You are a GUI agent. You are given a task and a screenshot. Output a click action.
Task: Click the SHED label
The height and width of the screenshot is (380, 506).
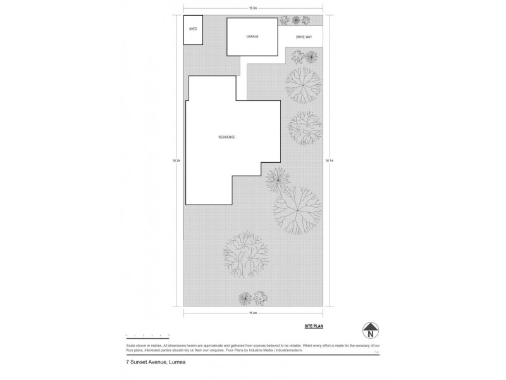pos(193,29)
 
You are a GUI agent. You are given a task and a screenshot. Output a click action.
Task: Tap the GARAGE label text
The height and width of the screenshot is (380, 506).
pos(252,37)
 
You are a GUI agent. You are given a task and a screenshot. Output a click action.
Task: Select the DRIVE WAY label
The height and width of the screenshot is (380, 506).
pos(305,37)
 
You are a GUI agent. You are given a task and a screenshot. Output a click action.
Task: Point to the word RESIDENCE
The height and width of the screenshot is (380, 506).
pos(226,137)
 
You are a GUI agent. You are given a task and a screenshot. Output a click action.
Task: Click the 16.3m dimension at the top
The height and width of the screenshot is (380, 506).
pos(252,8)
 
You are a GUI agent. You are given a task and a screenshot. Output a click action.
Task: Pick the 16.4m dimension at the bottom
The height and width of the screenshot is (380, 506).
pos(252,313)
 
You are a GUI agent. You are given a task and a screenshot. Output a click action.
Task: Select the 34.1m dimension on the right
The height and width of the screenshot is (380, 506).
pos(329,161)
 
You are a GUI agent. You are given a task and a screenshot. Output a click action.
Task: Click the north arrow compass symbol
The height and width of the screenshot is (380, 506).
pos(369,331)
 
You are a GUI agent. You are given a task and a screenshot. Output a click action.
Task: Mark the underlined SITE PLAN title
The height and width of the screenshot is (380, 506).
pos(314,327)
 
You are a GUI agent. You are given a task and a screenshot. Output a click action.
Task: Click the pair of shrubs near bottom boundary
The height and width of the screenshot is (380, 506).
pos(252,297)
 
